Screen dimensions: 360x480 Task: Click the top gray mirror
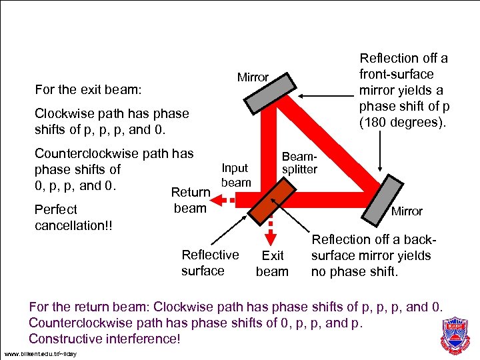click(x=270, y=93)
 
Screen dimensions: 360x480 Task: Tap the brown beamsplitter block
click(x=271, y=201)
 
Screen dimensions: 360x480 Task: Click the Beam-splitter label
click(x=299, y=162)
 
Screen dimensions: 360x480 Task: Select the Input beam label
click(x=235, y=175)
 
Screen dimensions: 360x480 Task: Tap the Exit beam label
click(x=272, y=263)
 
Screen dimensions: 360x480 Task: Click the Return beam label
click(x=191, y=200)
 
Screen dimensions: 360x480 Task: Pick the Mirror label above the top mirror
click(x=253, y=77)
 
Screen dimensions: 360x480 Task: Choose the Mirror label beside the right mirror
click(x=407, y=211)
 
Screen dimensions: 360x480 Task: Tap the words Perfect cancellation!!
click(x=73, y=217)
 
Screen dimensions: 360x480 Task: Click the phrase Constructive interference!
click(x=105, y=339)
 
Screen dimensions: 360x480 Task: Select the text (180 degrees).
click(x=403, y=122)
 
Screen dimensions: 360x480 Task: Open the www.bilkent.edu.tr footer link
click(x=40, y=353)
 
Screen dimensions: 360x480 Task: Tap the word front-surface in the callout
click(x=397, y=74)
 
